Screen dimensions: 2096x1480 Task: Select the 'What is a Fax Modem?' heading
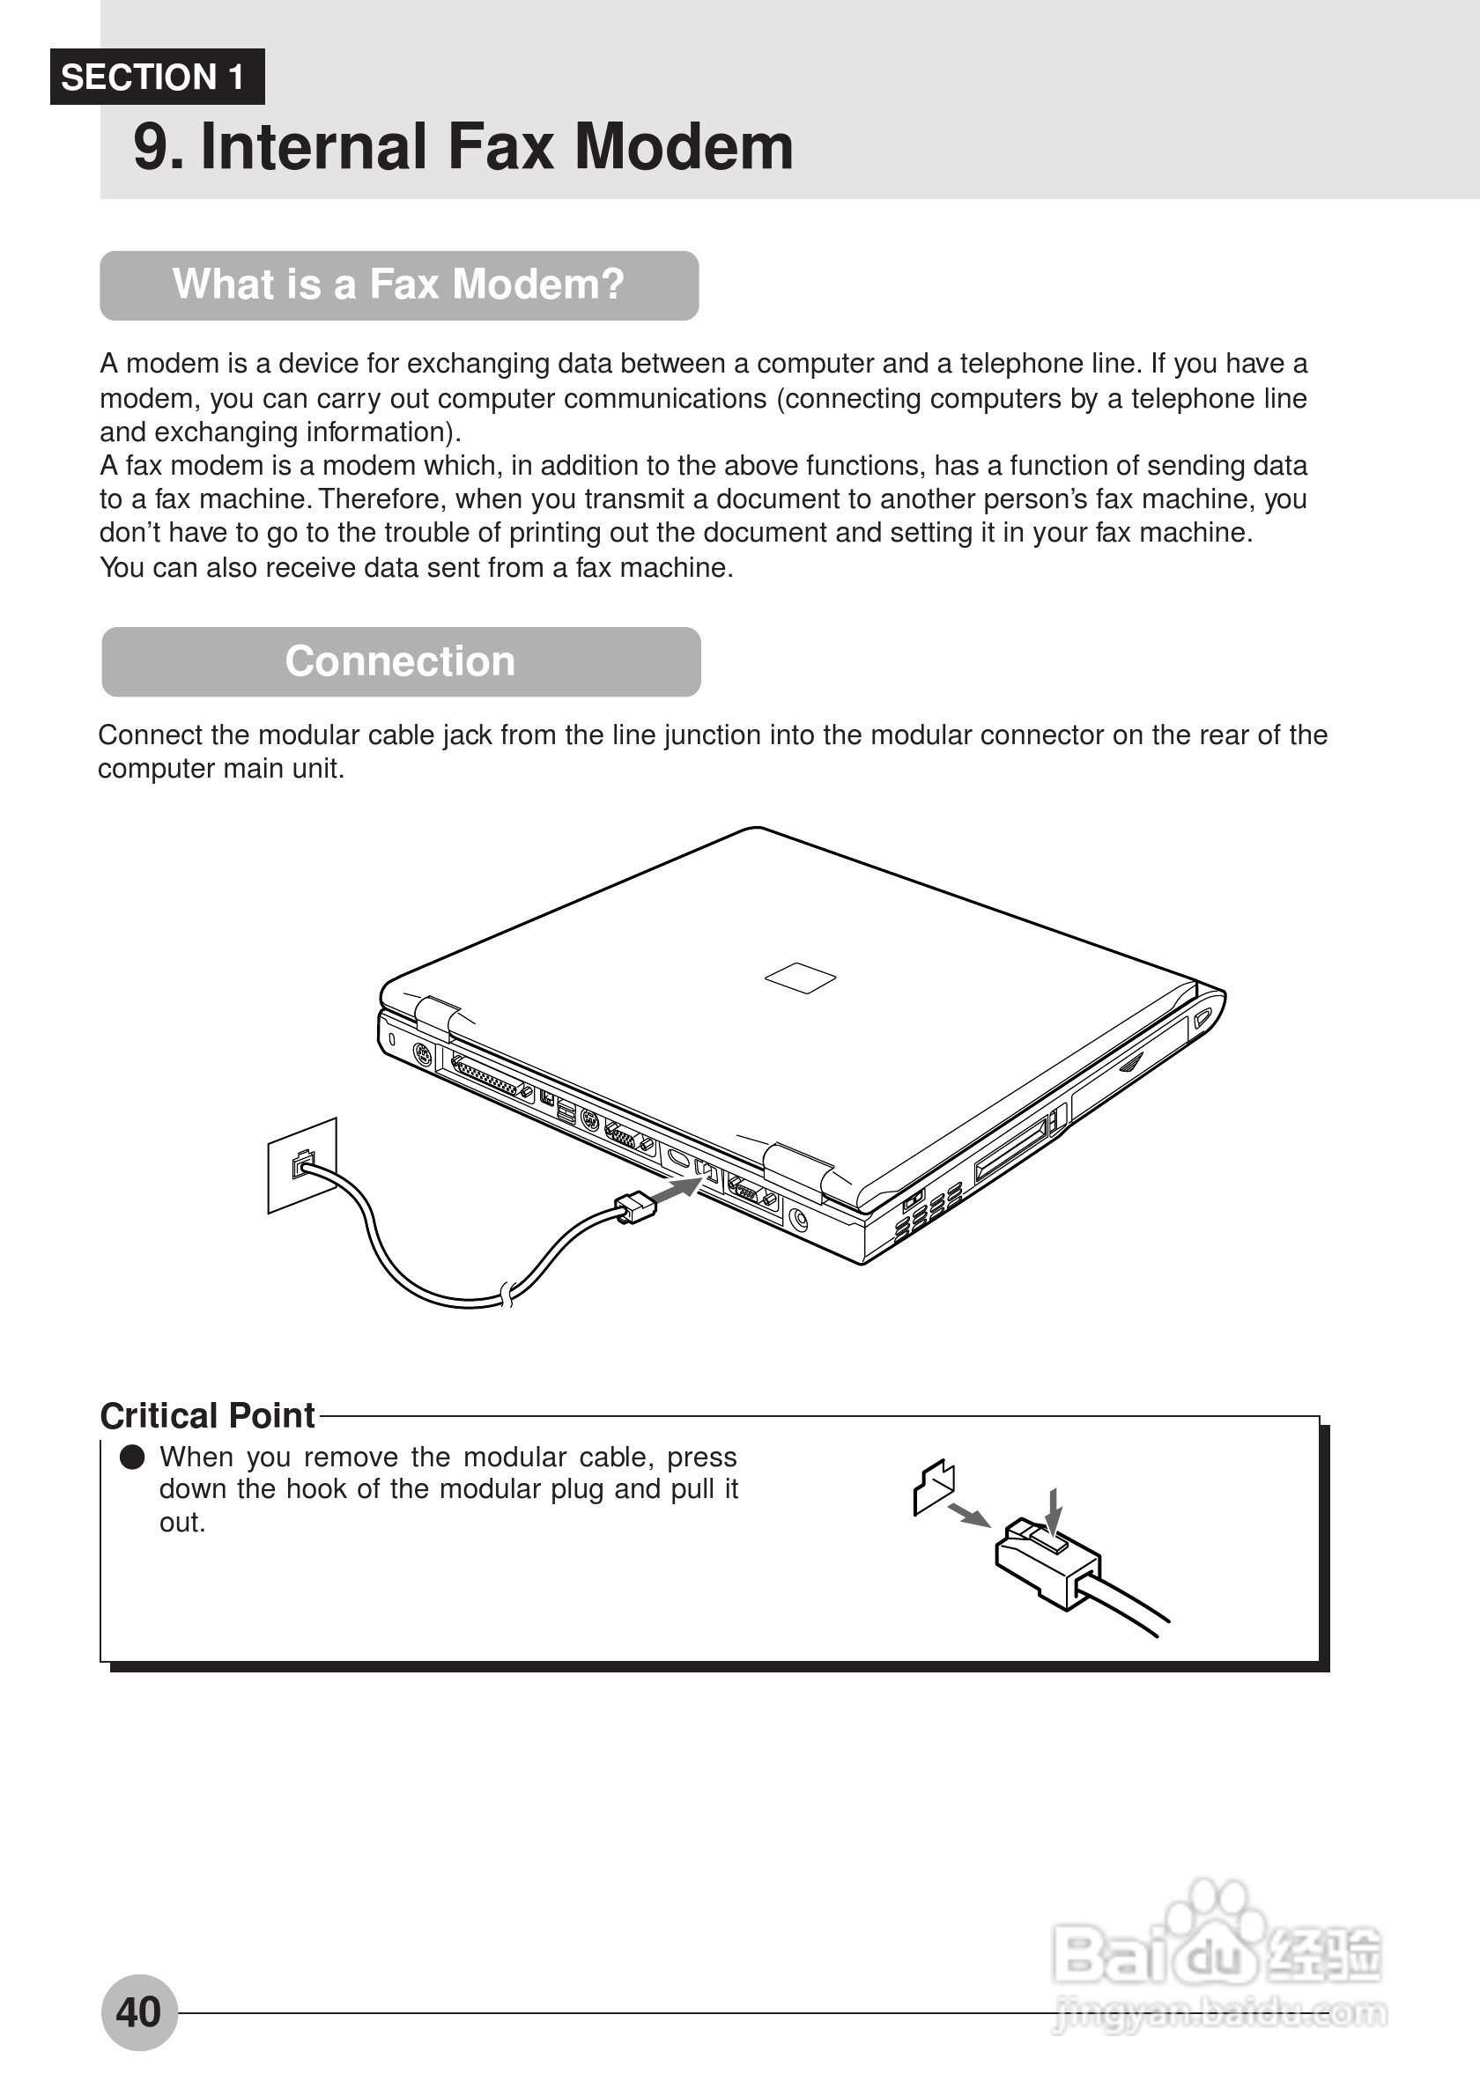[x=399, y=284]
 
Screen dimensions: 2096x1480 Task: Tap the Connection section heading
[x=400, y=661]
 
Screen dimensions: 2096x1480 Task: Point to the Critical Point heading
[x=207, y=1415]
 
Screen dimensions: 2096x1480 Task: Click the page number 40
[x=139, y=2012]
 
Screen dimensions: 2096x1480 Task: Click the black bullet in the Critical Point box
[x=132, y=1457]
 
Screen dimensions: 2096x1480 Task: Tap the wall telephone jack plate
[x=301, y=1165]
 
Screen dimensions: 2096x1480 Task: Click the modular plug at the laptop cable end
[x=635, y=1207]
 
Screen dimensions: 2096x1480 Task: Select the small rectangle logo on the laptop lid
[x=800, y=977]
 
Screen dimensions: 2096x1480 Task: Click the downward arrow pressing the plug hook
[x=1054, y=1511]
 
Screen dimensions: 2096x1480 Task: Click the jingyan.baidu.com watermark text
[x=1219, y=2014]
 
